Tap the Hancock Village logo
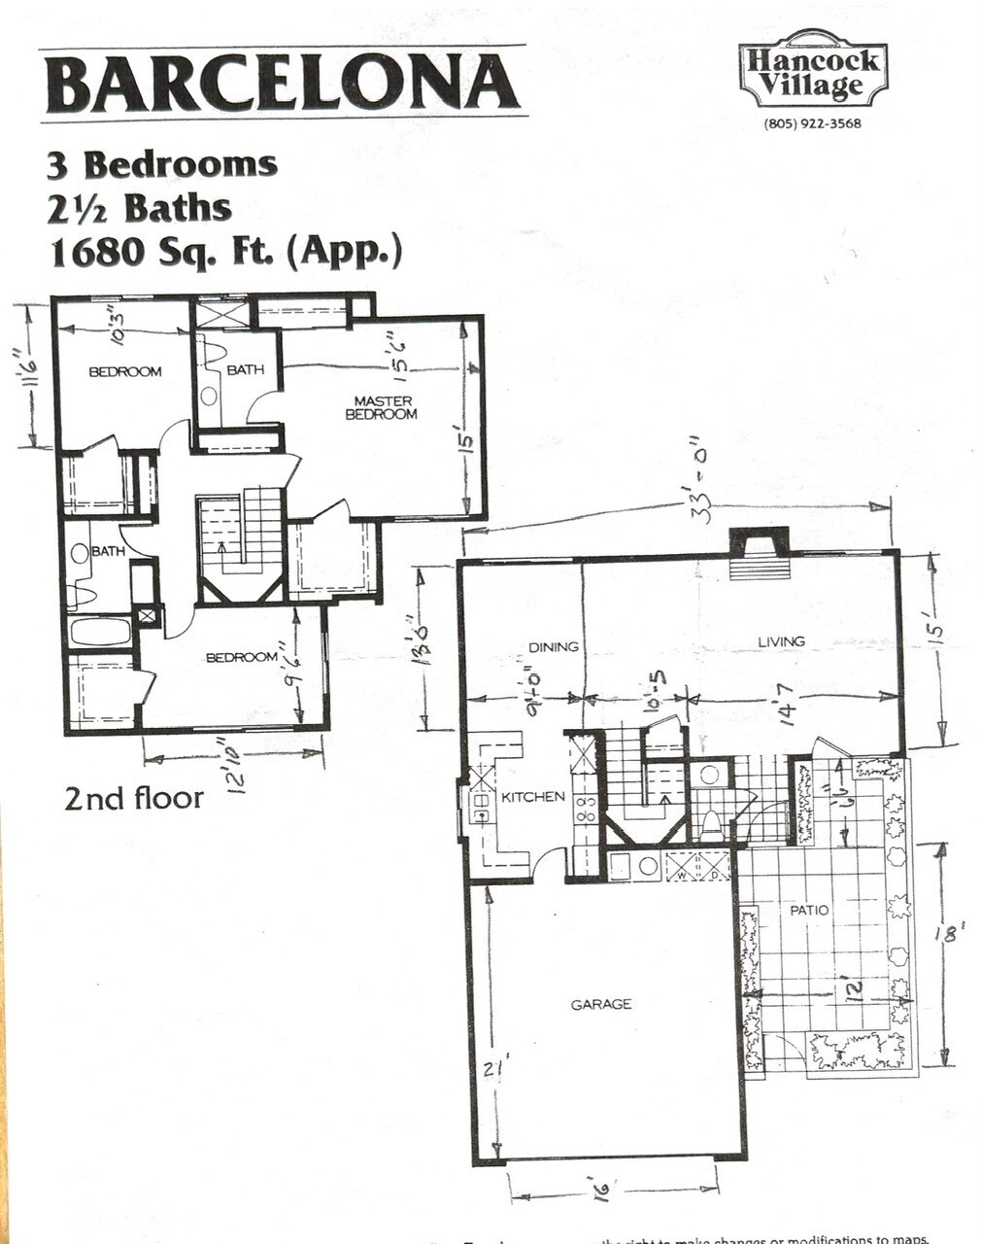tap(813, 73)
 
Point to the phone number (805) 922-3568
tap(813, 123)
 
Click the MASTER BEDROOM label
tap(382, 407)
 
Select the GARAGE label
tap(600, 1004)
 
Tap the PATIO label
tap(809, 911)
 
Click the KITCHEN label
tap(532, 797)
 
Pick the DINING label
tap(554, 647)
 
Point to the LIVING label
tap(781, 641)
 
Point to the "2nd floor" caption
tap(134, 799)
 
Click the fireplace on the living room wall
tap(759, 553)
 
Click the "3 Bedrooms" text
tap(162, 164)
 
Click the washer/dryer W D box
tap(696, 866)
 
